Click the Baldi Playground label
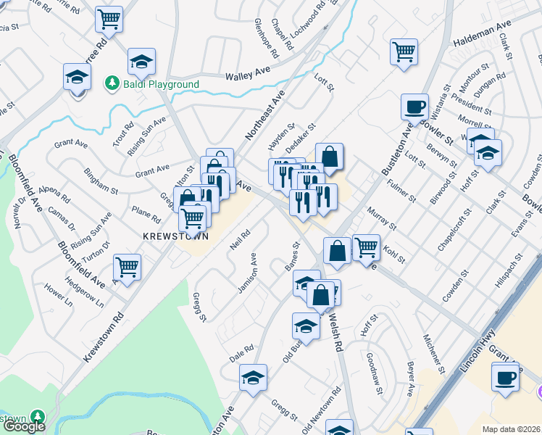159,85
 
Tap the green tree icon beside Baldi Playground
112,84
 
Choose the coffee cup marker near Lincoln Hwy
505,377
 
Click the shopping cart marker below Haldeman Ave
404,51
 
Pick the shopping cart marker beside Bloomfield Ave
127,268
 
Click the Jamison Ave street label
247,273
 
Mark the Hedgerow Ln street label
80,290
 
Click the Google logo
23,426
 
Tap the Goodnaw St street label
375,373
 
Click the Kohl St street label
394,255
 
